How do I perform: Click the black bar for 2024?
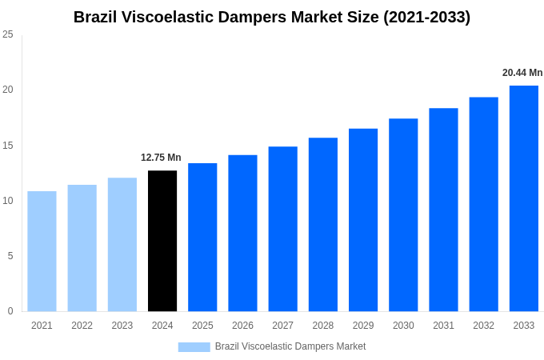tap(162, 241)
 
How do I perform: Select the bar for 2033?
tap(524, 198)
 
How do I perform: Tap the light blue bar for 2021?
tap(42, 251)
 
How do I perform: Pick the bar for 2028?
tap(323, 225)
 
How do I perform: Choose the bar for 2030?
tap(403, 215)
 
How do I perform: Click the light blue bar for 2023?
tap(122, 245)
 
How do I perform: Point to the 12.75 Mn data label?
tap(161, 158)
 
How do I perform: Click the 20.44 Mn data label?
tap(522, 73)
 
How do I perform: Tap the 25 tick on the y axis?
tap(8, 34)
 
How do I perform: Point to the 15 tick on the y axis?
tap(8, 146)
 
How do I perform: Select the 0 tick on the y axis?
tap(10, 311)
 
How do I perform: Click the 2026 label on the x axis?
tap(242, 326)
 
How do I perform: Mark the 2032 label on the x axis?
tap(483, 326)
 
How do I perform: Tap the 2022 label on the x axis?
tap(82, 326)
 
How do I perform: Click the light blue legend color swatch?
tap(194, 347)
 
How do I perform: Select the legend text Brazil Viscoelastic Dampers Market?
tap(290, 346)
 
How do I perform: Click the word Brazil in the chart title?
tap(95, 17)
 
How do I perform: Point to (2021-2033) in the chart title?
tap(427, 17)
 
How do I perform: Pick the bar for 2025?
tap(202, 238)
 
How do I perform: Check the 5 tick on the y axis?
tap(10, 256)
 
